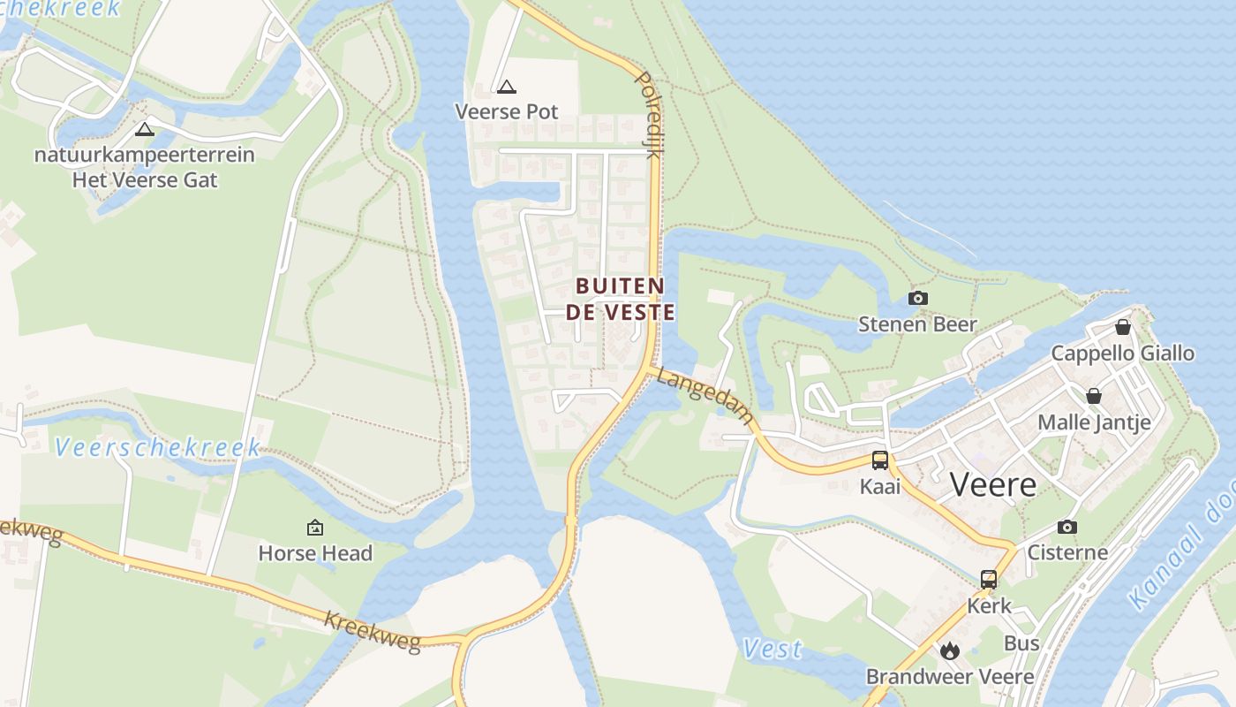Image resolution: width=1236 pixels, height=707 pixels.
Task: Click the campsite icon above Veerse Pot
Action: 506,87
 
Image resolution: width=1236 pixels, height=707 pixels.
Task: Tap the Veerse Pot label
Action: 507,111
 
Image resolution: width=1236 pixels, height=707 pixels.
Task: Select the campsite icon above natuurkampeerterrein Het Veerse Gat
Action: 145,130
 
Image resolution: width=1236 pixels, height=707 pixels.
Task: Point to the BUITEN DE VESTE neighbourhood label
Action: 625,299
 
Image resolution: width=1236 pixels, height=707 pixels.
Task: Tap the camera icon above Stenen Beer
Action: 918,298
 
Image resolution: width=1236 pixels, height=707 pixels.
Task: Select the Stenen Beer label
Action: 917,324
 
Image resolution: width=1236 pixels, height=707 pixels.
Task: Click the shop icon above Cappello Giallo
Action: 1123,327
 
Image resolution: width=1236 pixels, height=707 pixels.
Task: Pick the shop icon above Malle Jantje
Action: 1094,396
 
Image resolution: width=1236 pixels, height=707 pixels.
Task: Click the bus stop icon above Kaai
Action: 880,460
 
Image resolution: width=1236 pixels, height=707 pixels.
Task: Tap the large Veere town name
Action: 993,484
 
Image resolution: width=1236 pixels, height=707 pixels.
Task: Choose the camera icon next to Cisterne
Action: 1067,528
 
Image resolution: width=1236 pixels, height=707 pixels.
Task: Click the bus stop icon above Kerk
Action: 989,580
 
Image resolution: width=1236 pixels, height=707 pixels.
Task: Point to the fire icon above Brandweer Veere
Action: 950,651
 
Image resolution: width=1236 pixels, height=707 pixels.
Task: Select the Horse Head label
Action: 315,553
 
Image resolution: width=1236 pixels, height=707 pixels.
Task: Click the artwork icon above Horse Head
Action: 315,528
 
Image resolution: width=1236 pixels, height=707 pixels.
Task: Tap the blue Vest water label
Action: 772,650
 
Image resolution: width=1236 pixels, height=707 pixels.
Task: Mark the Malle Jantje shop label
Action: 1094,422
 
